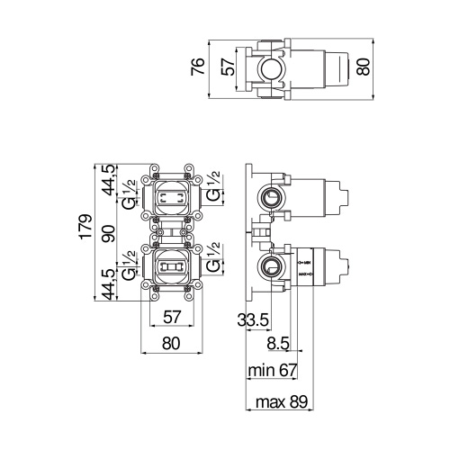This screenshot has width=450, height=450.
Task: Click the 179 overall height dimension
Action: pyautogui.click(x=84, y=230)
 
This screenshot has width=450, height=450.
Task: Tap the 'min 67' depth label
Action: pyautogui.click(x=273, y=369)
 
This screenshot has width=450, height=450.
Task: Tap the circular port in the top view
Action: pyautogui.click(x=269, y=67)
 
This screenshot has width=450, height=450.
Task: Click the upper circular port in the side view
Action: pyautogui.click(x=269, y=196)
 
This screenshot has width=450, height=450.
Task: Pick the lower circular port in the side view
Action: pyautogui.click(x=269, y=265)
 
